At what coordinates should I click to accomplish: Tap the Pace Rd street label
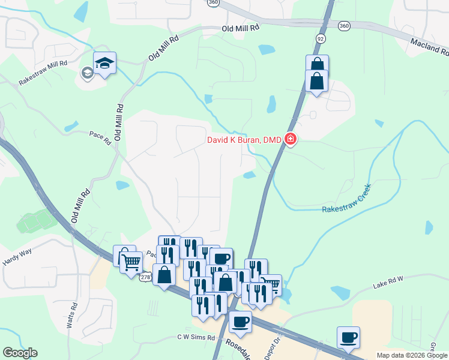tap(100, 138)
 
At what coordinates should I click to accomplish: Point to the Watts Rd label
tap(74, 314)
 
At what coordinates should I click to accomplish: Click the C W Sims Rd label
tap(196, 338)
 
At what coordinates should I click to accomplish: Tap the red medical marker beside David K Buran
tap(291, 140)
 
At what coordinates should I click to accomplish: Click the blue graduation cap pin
tap(105, 62)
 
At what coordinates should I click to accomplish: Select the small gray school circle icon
tap(87, 73)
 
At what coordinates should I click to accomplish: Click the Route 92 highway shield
tap(321, 38)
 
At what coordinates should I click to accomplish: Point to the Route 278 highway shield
tap(145, 277)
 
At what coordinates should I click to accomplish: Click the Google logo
tap(20, 353)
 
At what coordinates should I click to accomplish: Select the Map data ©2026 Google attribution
tap(412, 355)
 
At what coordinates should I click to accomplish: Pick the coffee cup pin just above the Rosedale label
tap(240, 321)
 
